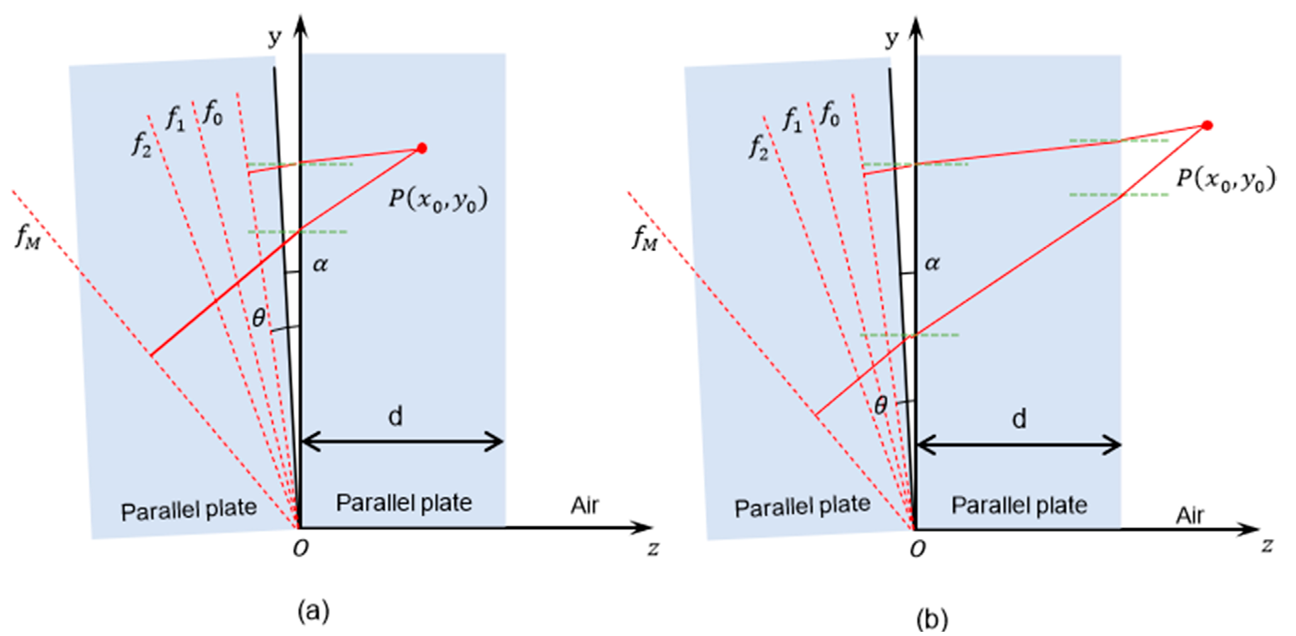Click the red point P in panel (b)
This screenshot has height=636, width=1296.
(1207, 125)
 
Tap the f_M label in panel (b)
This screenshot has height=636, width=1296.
(645, 238)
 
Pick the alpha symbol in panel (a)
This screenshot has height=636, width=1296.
(320, 264)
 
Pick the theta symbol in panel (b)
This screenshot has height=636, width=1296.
(881, 405)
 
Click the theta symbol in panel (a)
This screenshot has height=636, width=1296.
(258, 318)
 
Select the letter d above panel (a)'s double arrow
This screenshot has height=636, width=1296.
(395, 417)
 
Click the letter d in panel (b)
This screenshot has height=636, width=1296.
(1019, 419)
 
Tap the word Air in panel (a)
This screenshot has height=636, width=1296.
(585, 505)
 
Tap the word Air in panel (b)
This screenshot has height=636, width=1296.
(1190, 515)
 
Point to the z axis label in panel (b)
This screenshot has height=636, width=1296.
(1267, 545)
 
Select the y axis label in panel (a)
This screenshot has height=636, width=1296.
(275, 37)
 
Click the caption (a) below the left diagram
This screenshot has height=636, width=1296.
(313, 611)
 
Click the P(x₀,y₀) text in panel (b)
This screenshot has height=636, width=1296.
(1226, 180)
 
